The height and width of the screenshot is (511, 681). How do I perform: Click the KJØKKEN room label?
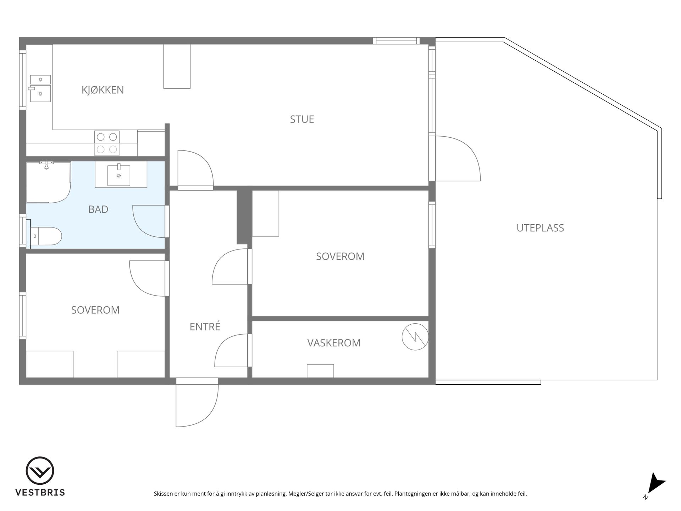pos(103,90)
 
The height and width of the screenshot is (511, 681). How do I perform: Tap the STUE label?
pos(302,119)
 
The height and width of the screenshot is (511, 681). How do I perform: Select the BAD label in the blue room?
pos(98,209)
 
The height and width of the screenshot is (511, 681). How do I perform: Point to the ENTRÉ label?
pos(205,326)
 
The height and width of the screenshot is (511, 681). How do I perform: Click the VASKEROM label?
pos(334,343)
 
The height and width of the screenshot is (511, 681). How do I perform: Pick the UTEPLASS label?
pos(540,228)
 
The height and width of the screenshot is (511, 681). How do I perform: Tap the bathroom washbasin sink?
pos(119,175)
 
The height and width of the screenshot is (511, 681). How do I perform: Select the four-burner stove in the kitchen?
pos(107,143)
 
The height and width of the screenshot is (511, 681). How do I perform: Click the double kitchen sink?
pos(40,88)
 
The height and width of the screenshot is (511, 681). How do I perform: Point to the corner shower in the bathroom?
pos(49,182)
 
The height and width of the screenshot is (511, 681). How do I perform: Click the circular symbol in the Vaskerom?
pos(415,337)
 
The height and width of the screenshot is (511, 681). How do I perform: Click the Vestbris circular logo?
pos(40,471)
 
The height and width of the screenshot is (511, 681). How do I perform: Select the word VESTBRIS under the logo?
pos(40,493)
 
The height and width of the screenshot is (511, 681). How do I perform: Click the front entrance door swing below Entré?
pos(197,403)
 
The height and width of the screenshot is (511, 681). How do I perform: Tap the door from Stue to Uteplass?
pos(458,158)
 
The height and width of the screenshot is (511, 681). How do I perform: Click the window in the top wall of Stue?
pos(396,41)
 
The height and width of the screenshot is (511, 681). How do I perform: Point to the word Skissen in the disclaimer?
pos(163,494)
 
